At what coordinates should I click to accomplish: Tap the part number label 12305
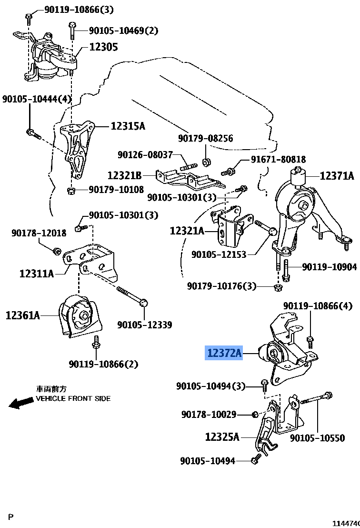[103, 47]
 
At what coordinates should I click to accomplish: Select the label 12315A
[128, 126]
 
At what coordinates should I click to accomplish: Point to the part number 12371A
[337, 176]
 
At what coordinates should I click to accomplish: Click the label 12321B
[124, 175]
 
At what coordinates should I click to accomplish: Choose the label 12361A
[23, 315]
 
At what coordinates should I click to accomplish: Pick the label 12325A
[222, 436]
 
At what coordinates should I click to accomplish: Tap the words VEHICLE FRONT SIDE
[73, 398]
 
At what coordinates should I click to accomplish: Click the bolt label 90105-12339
[145, 325]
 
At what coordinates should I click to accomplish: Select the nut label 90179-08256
[206, 139]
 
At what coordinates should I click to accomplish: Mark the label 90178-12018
[39, 233]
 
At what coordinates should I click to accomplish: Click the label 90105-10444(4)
[37, 99]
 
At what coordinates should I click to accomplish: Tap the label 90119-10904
[329, 267]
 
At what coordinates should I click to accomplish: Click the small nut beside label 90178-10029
[255, 414]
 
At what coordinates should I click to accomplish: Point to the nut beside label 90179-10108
[71, 191]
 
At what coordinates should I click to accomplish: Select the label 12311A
[37, 274]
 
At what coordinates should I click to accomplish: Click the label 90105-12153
[219, 254]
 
